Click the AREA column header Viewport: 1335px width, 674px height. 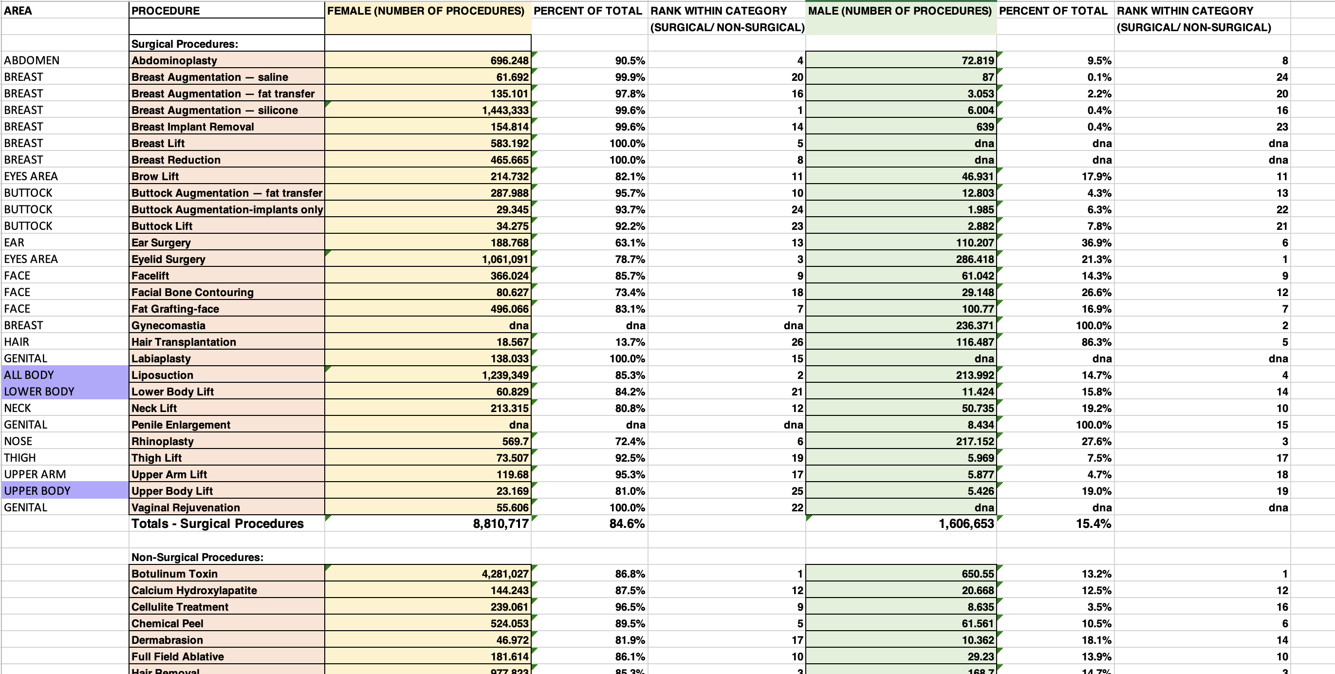[18, 11]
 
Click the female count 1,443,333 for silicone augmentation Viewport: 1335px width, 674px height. [505, 111]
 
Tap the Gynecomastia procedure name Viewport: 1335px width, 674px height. [168, 326]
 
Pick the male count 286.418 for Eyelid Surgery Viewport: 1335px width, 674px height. [975, 259]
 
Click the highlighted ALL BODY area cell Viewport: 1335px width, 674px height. [29, 375]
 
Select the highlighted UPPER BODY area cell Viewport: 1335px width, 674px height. [37, 491]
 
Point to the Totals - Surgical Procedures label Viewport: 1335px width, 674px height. [217, 524]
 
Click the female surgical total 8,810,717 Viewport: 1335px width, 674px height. [501, 524]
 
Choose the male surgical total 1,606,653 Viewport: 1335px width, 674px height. [966, 524]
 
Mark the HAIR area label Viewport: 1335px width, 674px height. [17, 342]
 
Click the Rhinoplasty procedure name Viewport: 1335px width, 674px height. [163, 441]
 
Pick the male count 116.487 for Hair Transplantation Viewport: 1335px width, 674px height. [975, 342]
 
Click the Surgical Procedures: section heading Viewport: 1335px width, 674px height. [185, 44]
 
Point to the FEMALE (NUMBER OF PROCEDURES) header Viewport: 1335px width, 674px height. [426, 11]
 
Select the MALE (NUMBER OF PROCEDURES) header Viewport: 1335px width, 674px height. [900, 11]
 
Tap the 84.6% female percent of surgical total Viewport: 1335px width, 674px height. [627, 524]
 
